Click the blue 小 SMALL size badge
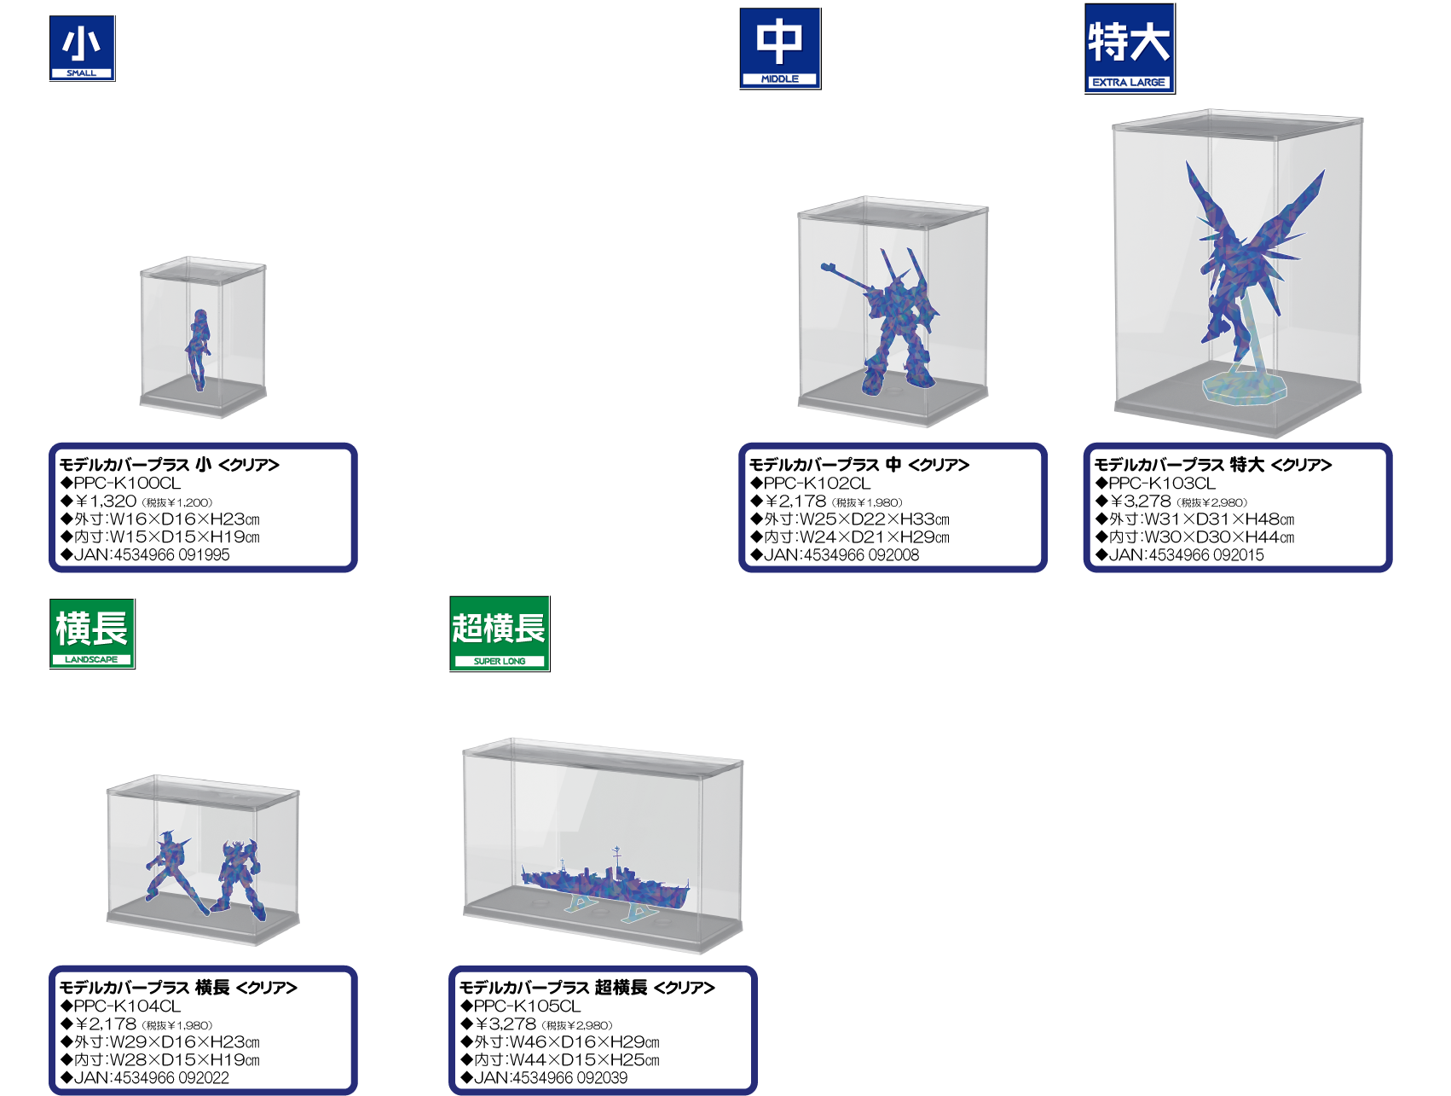[82, 49]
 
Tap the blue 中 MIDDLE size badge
[780, 49]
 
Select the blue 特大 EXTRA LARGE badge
[1130, 49]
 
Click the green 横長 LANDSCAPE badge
[92, 634]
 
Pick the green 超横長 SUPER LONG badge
[500, 634]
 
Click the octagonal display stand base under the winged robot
[1245, 386]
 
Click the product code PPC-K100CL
[127, 483]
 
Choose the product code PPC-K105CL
[527, 1006]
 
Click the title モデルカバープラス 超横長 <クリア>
[587, 988]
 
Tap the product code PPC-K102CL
[818, 483]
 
